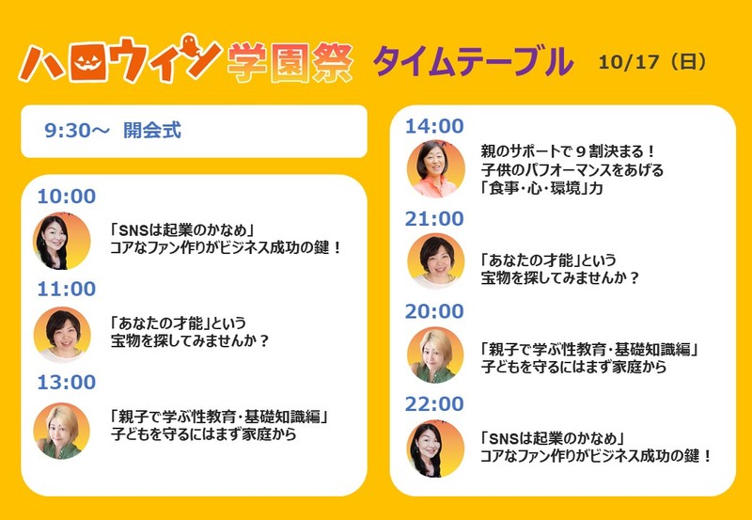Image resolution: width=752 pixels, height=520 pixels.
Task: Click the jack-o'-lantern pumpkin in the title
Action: click(x=86, y=62)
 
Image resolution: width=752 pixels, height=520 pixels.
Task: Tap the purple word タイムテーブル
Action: click(x=473, y=61)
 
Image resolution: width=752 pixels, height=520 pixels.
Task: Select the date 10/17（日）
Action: click(x=652, y=62)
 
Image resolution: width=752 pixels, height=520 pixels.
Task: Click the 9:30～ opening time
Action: click(x=77, y=131)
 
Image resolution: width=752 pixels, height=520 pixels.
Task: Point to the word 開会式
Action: click(x=152, y=131)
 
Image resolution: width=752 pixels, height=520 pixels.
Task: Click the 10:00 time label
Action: click(x=67, y=197)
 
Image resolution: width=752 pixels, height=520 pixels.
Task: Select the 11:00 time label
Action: click(x=67, y=289)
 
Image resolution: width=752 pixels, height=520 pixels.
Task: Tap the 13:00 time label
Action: click(x=67, y=383)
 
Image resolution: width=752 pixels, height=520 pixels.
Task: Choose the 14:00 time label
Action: click(x=434, y=126)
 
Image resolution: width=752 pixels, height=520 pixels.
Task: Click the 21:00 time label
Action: click(x=434, y=219)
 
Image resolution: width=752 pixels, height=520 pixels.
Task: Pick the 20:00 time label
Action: click(x=434, y=311)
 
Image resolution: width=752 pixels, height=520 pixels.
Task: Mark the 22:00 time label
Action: click(x=434, y=404)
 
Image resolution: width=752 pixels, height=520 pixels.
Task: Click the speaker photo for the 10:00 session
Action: click(x=62, y=242)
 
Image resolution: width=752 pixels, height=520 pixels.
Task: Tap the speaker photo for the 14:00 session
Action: click(x=436, y=169)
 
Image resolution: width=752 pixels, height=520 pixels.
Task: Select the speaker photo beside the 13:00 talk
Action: click(x=61, y=431)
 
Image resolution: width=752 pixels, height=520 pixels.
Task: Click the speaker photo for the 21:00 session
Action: click(x=436, y=261)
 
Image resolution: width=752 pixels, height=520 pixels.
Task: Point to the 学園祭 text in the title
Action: click(x=290, y=62)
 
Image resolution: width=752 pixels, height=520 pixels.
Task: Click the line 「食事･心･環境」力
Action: click(x=541, y=188)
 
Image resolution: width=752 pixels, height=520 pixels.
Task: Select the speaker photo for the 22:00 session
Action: click(x=435, y=449)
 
